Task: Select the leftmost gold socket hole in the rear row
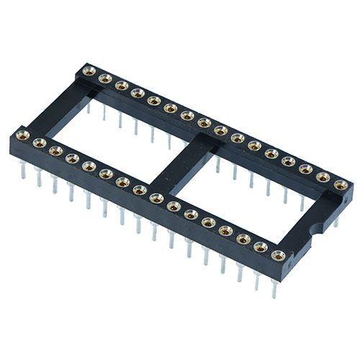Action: (x=88, y=71)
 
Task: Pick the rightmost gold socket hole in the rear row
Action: (x=340, y=184)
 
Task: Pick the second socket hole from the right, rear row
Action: (x=323, y=177)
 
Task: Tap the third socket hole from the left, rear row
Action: (x=121, y=85)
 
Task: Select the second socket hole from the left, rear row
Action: (x=104, y=78)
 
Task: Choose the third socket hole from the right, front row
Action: (x=243, y=238)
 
